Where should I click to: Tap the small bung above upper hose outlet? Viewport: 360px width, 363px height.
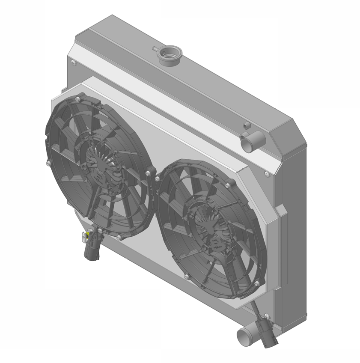click(x=246, y=125)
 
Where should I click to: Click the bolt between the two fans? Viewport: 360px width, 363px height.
click(x=148, y=173)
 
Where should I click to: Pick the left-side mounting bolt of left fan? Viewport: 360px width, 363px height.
click(x=48, y=163)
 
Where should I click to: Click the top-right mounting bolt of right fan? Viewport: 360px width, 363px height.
click(x=228, y=185)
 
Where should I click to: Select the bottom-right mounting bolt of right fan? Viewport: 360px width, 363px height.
click(x=256, y=283)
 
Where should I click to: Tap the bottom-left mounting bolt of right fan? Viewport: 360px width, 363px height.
click(x=186, y=277)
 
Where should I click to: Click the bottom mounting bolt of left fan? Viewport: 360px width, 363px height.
click(x=119, y=236)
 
